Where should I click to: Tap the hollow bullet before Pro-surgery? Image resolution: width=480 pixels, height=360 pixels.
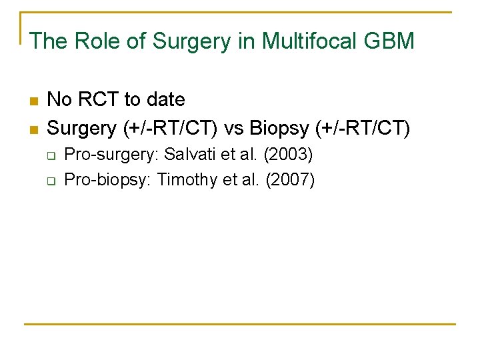(x=50, y=155)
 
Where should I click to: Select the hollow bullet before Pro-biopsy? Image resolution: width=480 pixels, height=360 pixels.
(x=50, y=181)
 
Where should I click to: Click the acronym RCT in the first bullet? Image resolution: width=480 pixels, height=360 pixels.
(x=100, y=100)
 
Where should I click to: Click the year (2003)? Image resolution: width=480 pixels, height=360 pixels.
(x=288, y=155)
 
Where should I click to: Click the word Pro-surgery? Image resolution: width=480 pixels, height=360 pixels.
(x=111, y=155)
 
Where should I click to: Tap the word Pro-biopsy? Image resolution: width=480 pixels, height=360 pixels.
(x=108, y=180)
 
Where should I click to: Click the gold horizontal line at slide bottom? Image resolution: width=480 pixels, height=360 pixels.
(x=240, y=325)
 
